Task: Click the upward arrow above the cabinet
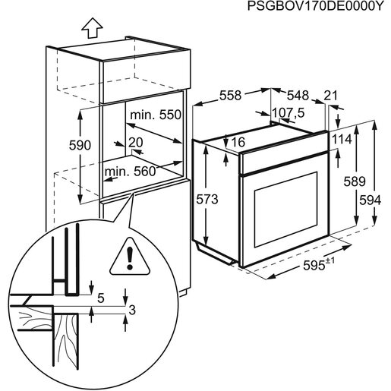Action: (x=92, y=28)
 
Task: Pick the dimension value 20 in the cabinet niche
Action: (x=136, y=142)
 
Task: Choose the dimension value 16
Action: (x=238, y=142)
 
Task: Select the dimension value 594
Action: (x=369, y=200)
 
